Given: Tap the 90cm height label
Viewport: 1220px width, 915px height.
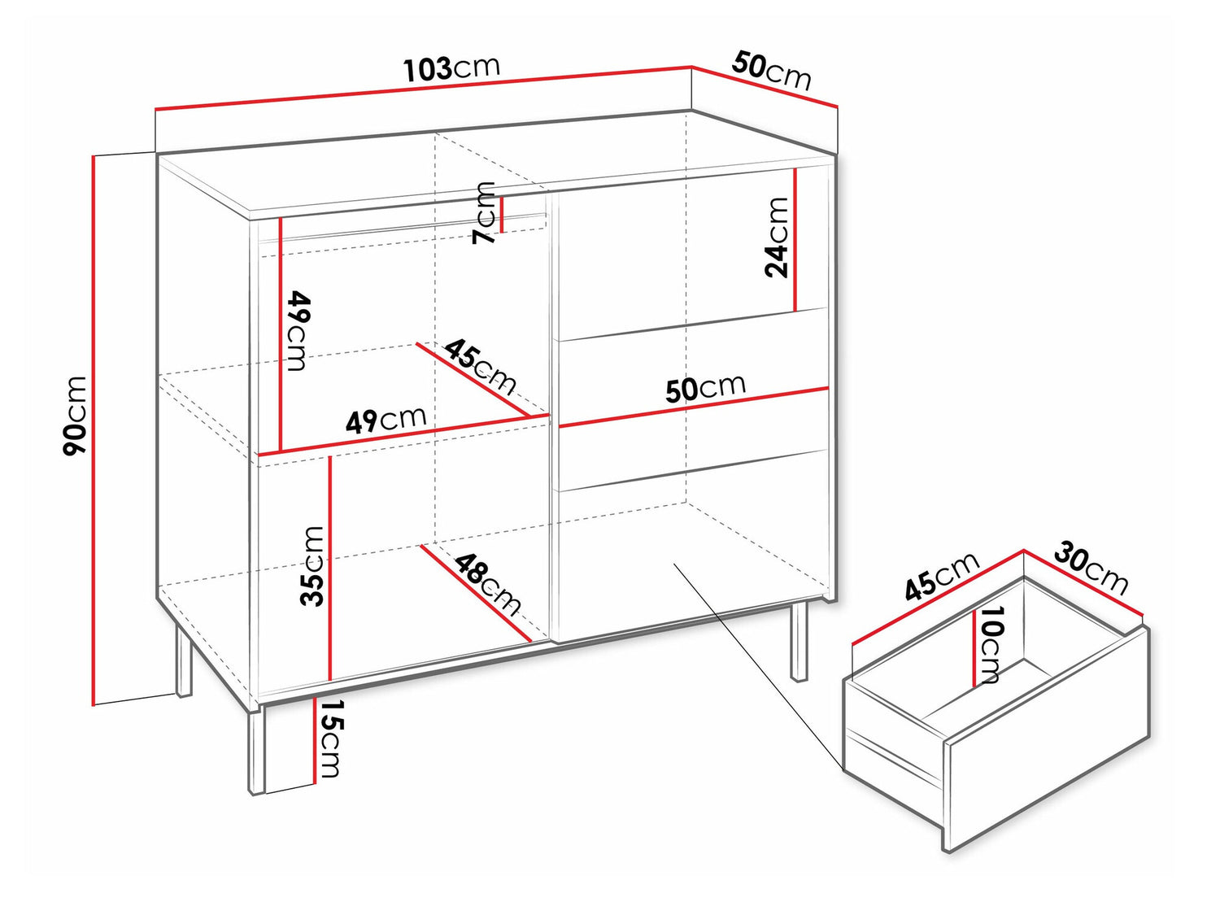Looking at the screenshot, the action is click(75, 416).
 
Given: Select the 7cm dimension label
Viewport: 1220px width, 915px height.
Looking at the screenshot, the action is click(483, 213).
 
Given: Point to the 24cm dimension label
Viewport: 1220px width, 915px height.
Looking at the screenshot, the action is click(776, 237).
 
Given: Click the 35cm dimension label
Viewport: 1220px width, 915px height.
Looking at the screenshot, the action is click(312, 566).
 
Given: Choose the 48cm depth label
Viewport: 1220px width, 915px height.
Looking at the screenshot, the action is click(488, 585).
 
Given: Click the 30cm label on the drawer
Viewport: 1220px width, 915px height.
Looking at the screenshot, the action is click(1091, 570).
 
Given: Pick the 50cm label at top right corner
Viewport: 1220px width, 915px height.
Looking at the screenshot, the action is click(772, 71).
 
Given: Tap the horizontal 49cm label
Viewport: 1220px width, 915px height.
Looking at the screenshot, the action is click(386, 420).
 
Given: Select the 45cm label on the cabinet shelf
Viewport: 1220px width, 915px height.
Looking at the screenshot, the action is click(480, 365).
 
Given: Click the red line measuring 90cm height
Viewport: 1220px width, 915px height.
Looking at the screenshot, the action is click(94, 430).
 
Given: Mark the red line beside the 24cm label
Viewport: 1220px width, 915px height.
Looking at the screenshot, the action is click(795, 239).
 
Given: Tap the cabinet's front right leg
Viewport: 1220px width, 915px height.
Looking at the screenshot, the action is click(799, 641).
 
